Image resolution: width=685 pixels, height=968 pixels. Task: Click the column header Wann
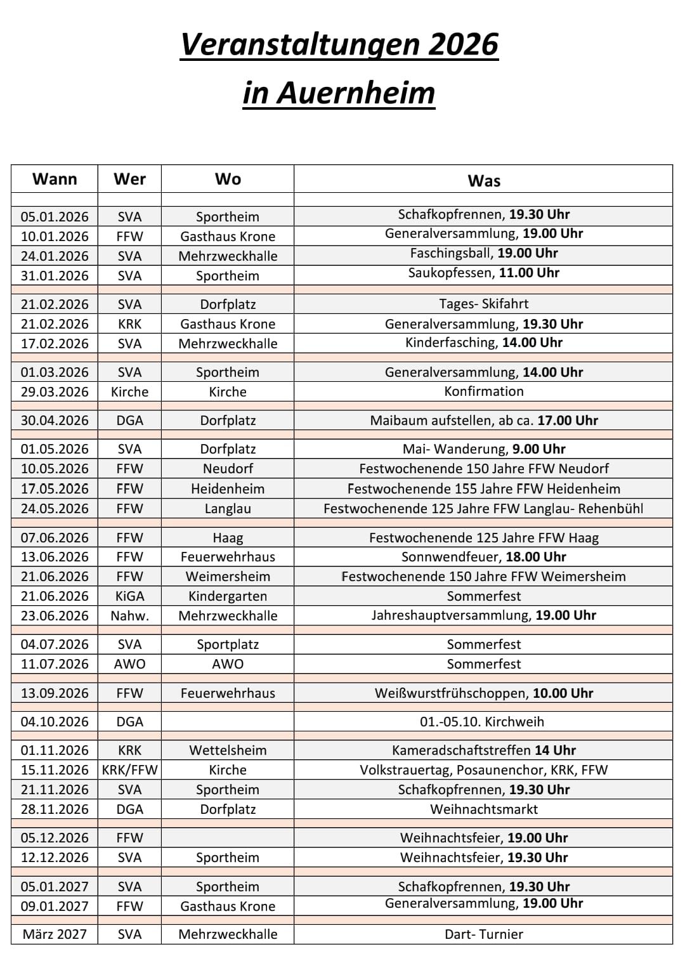55,179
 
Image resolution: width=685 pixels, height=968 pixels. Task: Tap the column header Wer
129,179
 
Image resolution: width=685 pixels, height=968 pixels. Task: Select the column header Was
483,181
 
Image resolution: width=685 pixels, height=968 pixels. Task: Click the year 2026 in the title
463,44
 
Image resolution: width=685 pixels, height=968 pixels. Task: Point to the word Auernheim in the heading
356,93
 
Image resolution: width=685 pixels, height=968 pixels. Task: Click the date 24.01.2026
55,256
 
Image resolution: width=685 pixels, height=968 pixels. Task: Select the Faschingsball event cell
483,253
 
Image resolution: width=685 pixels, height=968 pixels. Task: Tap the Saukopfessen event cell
483,273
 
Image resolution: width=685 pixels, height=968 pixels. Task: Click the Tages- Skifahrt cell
483,304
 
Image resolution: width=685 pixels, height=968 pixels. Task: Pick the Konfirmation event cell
483,391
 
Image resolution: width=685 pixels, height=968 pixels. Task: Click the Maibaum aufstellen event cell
483,420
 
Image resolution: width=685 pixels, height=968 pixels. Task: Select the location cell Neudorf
228,469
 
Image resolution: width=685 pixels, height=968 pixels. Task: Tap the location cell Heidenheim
228,488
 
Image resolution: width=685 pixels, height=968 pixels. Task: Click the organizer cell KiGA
129,596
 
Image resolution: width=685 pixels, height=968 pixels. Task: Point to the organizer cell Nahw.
129,615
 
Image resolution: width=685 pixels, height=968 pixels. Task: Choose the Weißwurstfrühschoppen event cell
483,693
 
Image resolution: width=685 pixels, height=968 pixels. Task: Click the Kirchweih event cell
483,721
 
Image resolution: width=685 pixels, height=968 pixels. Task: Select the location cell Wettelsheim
228,750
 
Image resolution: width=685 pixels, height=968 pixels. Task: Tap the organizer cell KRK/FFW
129,770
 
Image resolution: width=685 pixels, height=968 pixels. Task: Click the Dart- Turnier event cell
483,934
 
